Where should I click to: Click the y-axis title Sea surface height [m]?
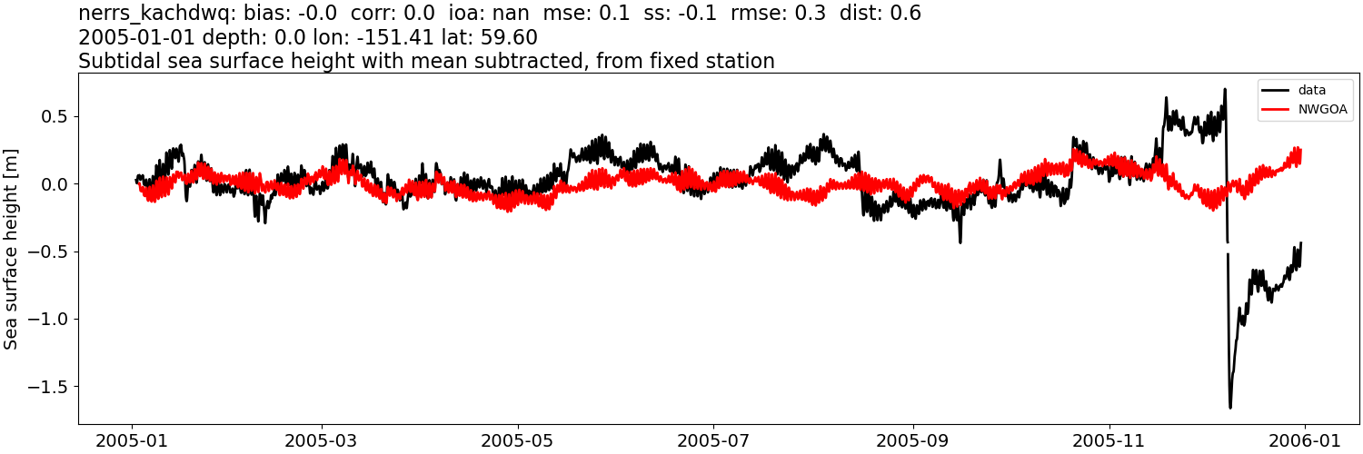coord(12,248)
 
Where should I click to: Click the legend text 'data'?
coord(1312,90)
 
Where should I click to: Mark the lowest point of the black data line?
coord(1230,408)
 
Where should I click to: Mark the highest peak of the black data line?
coord(1225,89)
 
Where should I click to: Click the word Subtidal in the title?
coord(113,61)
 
